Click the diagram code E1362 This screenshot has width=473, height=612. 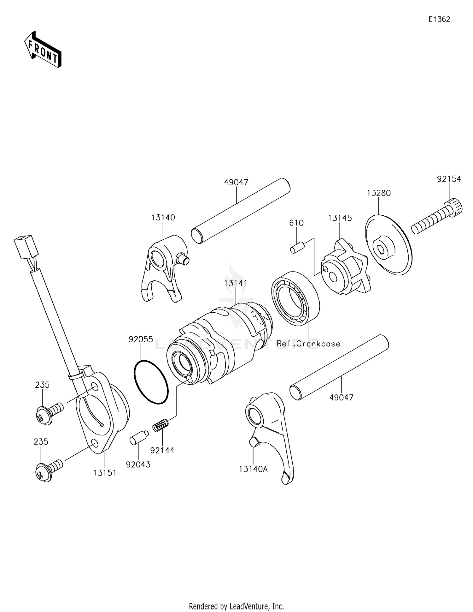[x=439, y=19]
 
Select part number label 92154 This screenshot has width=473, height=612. [x=449, y=179]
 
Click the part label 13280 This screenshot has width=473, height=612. [x=378, y=193]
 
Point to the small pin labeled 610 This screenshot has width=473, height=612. [x=296, y=247]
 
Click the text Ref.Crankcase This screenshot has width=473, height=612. [x=308, y=344]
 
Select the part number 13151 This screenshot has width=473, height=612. [x=105, y=473]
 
